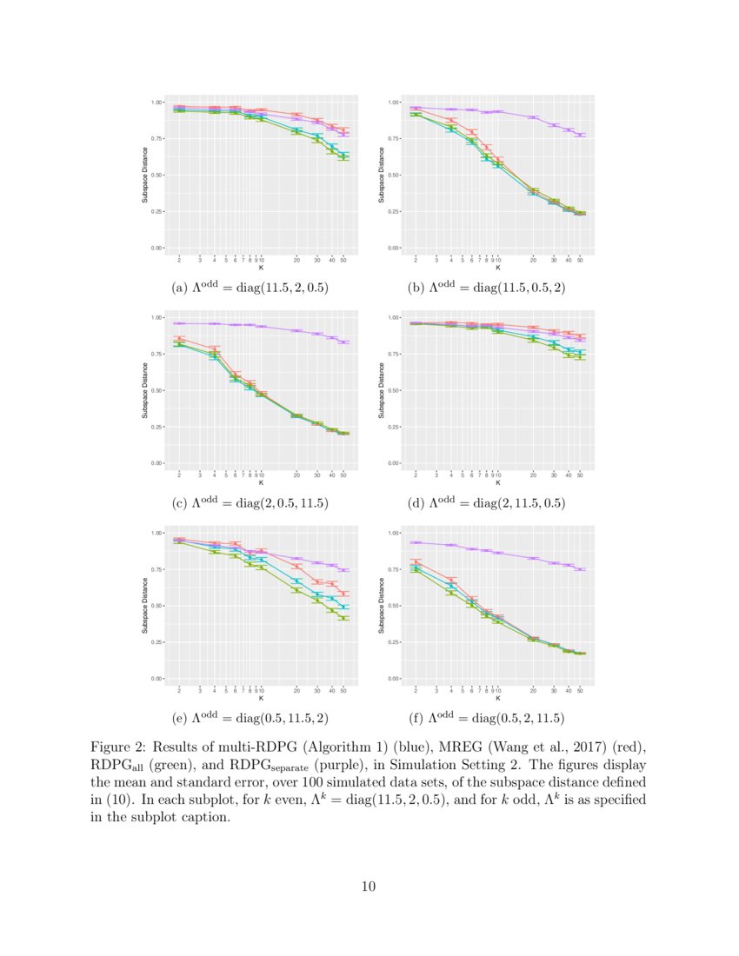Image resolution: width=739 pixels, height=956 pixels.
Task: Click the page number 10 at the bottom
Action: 369,886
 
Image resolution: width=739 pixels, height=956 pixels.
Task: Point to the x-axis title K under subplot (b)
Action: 497,268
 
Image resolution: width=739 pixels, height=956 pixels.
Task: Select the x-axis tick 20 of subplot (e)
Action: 296,689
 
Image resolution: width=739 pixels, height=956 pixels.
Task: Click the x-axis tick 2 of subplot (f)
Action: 416,689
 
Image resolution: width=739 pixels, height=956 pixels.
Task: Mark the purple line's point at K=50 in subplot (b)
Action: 581,135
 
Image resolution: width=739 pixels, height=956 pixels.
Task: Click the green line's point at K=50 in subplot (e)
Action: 344,618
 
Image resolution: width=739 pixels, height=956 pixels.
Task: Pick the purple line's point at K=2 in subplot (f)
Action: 416,542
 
